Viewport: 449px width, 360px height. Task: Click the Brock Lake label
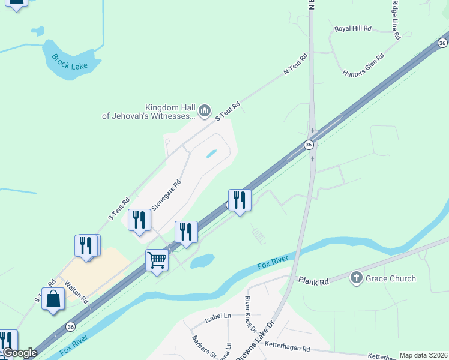pyautogui.click(x=70, y=61)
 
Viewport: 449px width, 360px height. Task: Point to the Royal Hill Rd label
pyautogui.click(x=354, y=28)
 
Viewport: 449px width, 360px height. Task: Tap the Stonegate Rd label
pyautogui.click(x=166, y=196)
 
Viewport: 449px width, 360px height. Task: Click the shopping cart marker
pyautogui.click(x=157, y=261)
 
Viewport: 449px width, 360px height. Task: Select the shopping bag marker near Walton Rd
pyautogui.click(x=53, y=298)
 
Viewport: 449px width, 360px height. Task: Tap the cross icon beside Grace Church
pyautogui.click(x=357, y=278)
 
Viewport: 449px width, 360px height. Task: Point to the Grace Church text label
pyautogui.click(x=391, y=278)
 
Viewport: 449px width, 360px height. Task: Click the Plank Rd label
pyautogui.click(x=314, y=281)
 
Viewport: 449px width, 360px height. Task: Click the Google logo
pyautogui.click(x=20, y=353)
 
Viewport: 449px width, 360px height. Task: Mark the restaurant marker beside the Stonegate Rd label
pyautogui.click(x=139, y=220)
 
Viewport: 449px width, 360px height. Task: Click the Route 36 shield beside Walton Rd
pyautogui.click(x=71, y=326)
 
